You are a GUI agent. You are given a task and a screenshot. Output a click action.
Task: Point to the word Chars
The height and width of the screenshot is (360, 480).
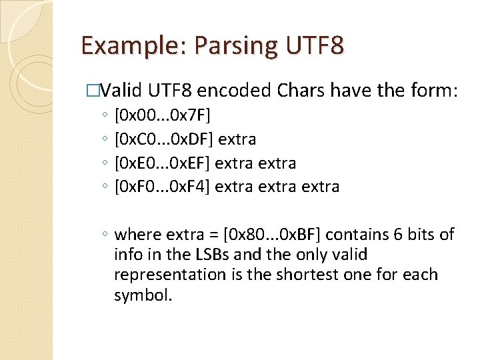point(299,90)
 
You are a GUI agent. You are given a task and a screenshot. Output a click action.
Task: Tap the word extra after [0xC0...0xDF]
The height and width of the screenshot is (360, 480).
point(237,139)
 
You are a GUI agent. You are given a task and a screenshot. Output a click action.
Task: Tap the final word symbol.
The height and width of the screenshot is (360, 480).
point(143,295)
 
